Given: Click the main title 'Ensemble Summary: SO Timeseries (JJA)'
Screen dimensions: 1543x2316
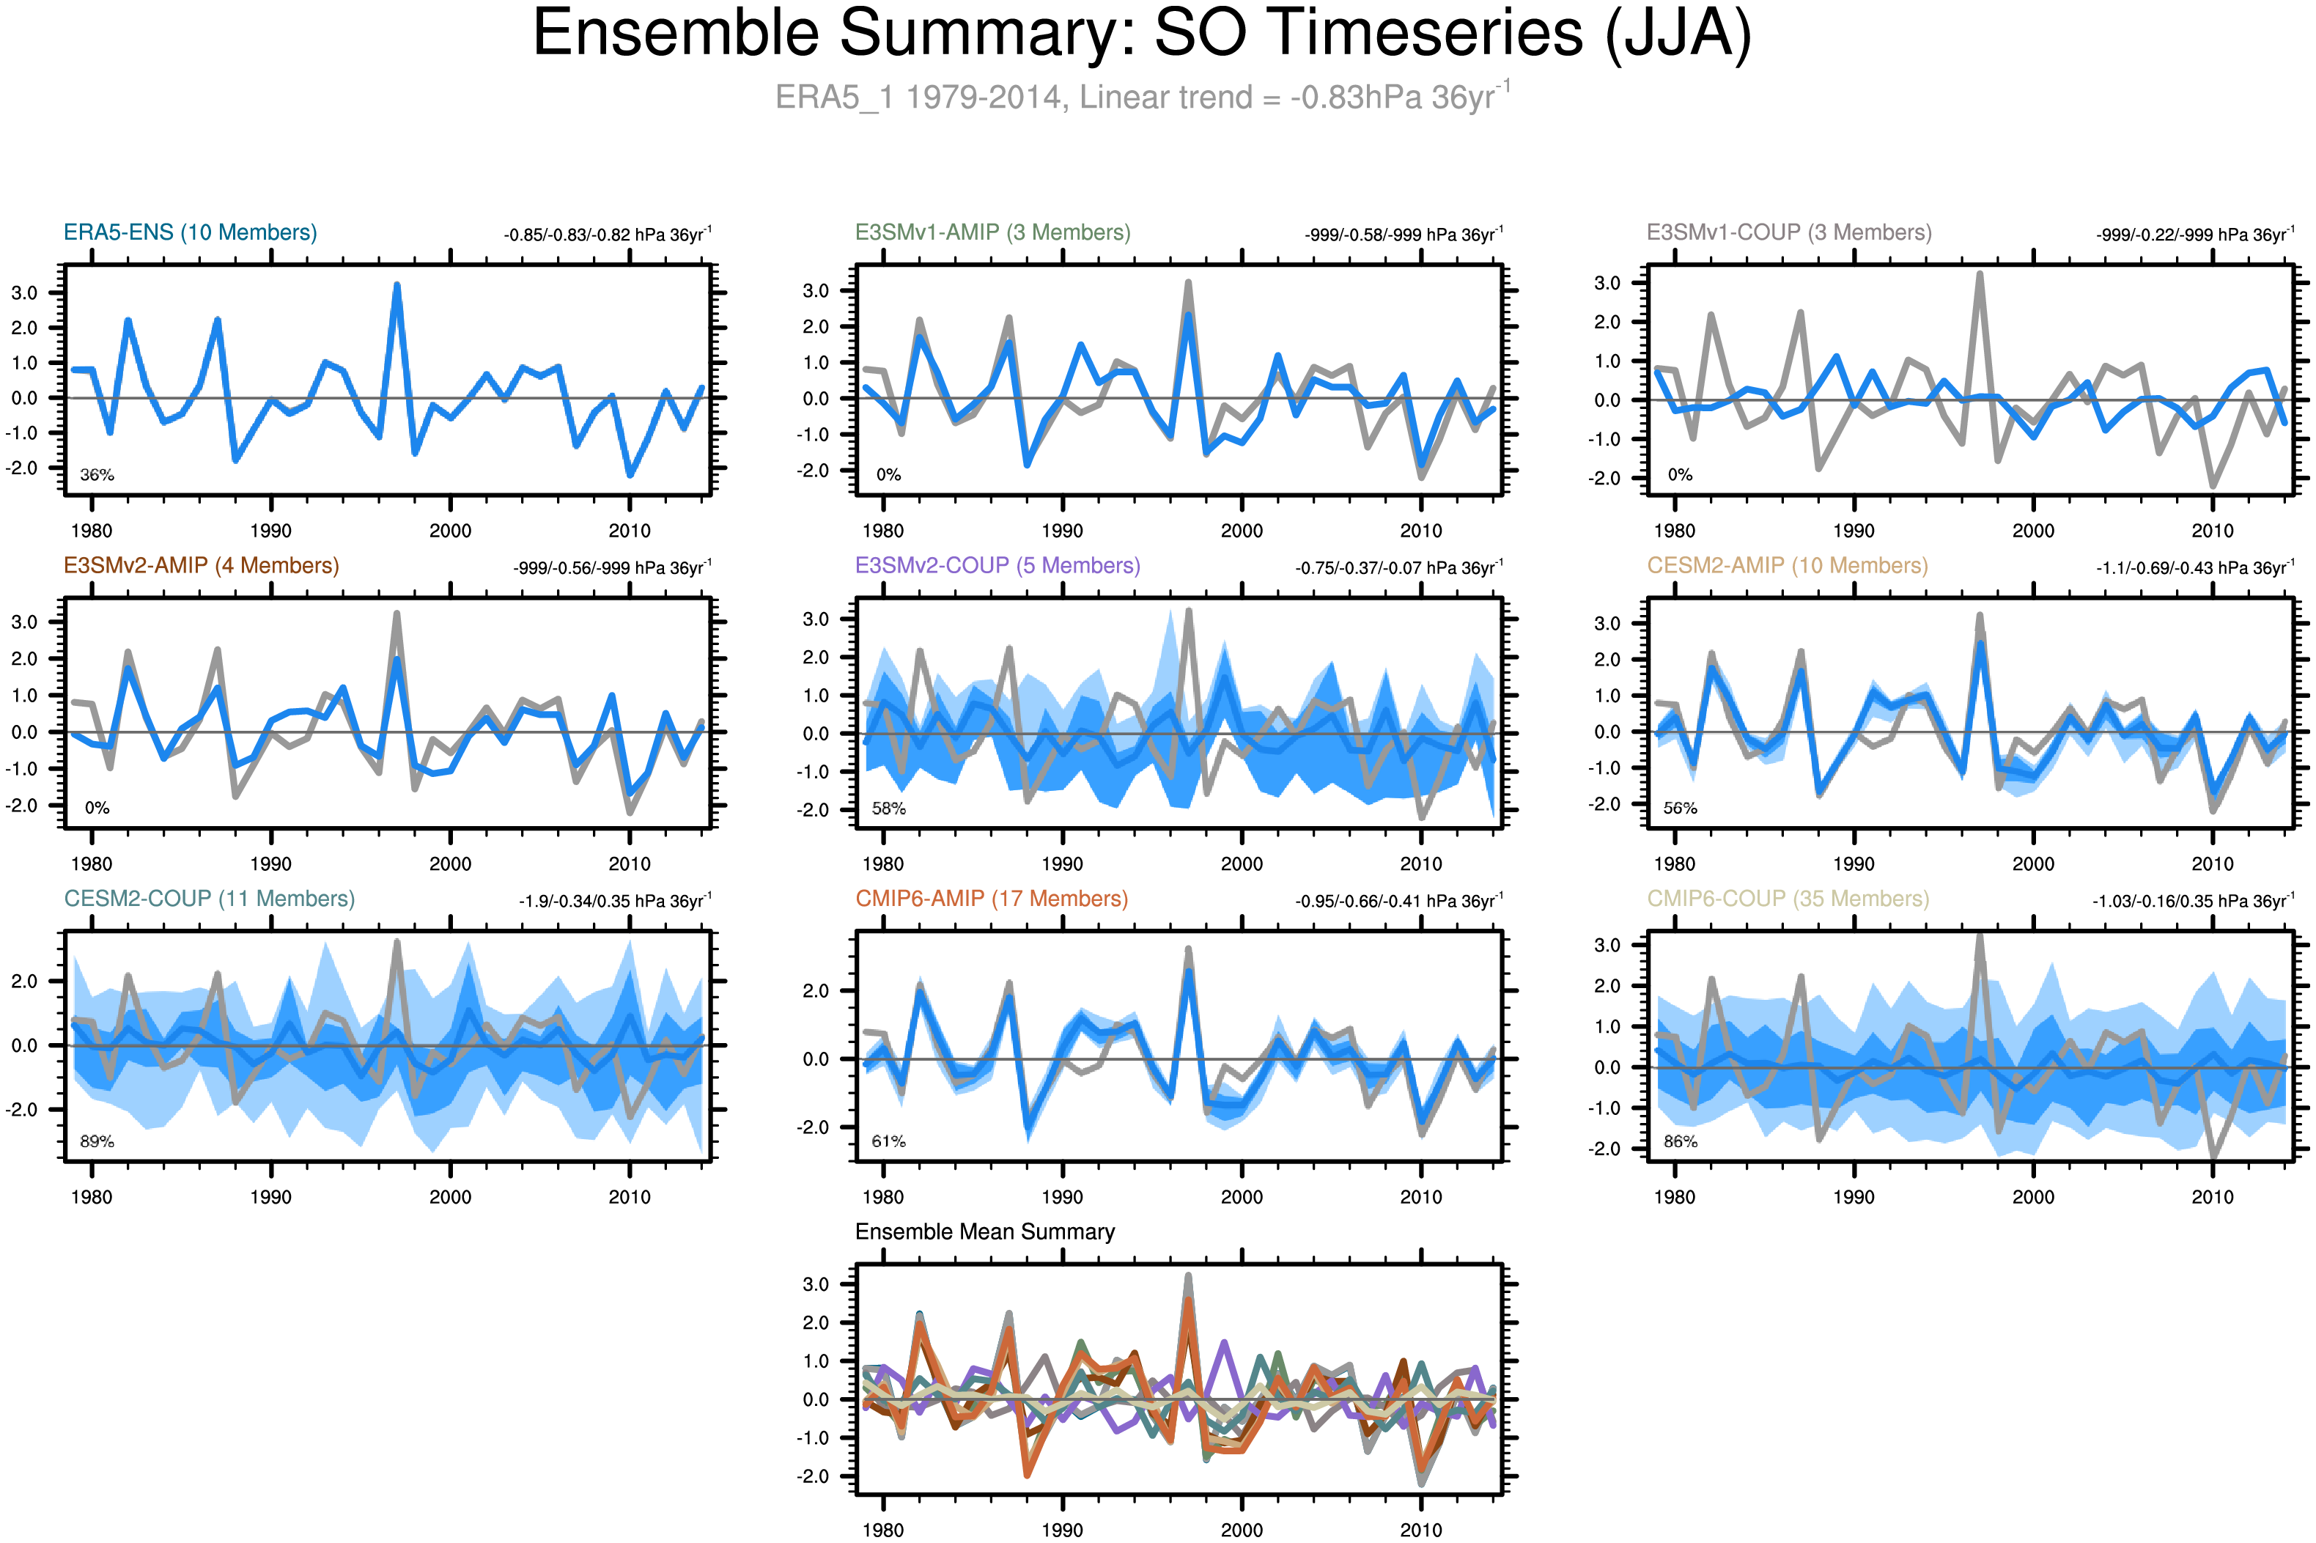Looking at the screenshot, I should (1141, 34).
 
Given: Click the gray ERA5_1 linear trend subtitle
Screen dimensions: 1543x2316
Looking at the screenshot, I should (1141, 97).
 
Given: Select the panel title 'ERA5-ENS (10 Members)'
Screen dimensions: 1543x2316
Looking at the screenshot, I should (190, 232).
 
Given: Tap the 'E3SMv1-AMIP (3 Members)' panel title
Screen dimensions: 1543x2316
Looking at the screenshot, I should (992, 232).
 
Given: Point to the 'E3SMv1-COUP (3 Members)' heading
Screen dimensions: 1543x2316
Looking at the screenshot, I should (1788, 232).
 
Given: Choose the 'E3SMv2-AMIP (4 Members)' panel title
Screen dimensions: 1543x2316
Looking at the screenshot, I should (201, 566).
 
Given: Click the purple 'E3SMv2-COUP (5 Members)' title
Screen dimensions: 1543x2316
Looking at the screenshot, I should (997, 566).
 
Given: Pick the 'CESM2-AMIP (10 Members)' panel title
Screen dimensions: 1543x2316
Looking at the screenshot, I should (1787, 566).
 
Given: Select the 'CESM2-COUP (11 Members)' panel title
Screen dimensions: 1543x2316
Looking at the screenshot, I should (209, 899).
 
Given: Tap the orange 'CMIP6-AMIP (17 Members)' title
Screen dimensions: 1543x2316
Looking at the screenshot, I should (991, 899).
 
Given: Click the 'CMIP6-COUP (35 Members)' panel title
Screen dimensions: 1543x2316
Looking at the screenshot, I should (1788, 899).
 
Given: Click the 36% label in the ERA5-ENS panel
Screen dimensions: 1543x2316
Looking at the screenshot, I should (97, 475).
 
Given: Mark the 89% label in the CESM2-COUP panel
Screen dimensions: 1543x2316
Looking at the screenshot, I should (97, 1141).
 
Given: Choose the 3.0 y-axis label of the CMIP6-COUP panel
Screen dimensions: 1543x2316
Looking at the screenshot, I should (1607, 946).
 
